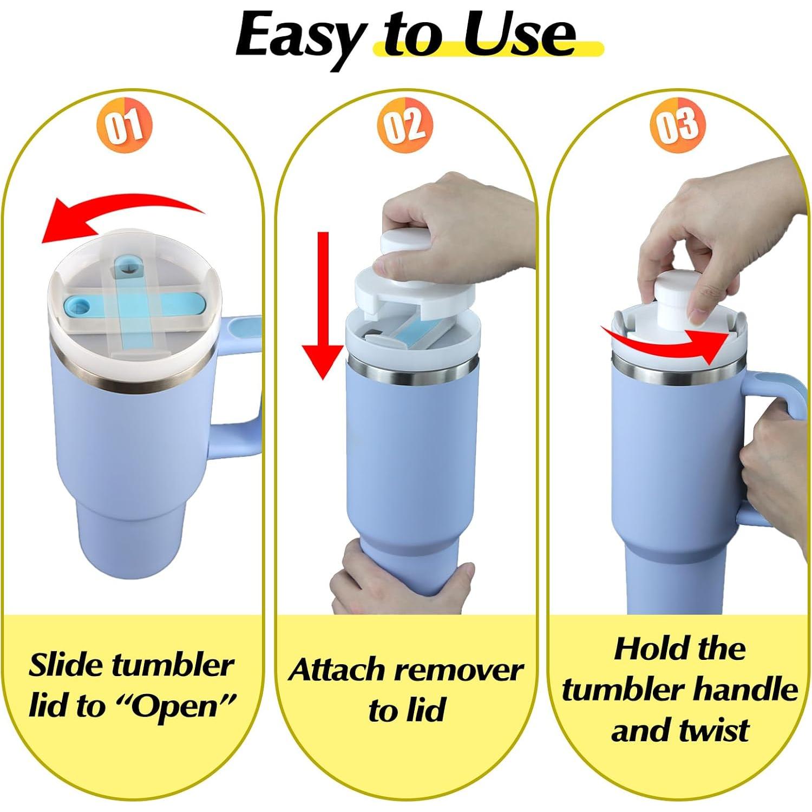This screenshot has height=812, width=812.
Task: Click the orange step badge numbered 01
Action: point(125,125)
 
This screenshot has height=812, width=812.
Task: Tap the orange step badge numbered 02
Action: point(405,125)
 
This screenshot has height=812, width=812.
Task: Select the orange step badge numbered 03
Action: point(678,125)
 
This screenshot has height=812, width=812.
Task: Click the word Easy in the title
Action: point(299,35)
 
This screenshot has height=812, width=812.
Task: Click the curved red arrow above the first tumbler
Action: point(119,217)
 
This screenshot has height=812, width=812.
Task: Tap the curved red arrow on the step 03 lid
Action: point(671,341)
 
